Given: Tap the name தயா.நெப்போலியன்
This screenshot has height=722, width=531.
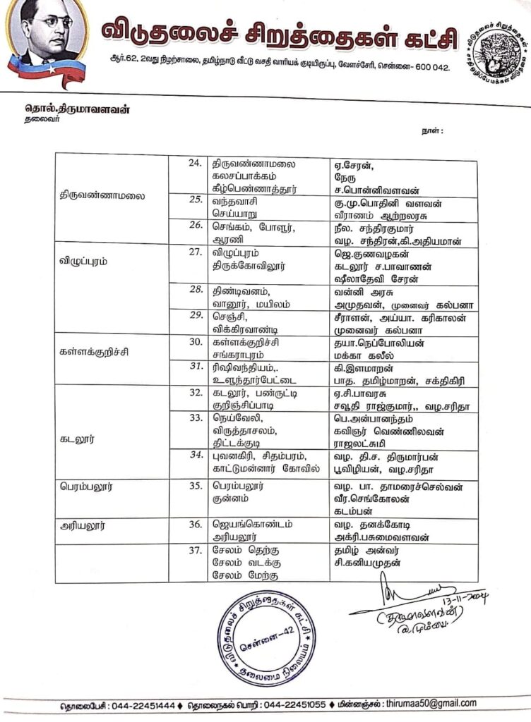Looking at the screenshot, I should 375,342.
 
